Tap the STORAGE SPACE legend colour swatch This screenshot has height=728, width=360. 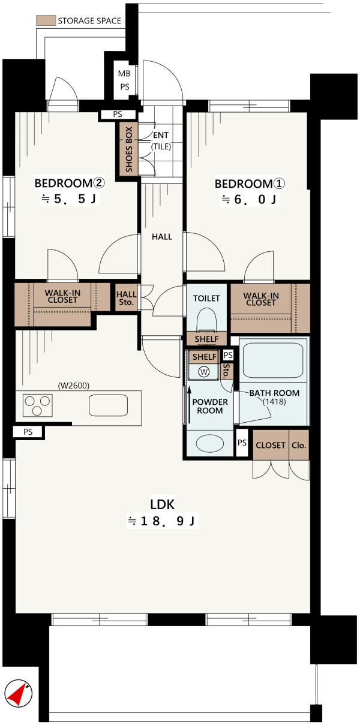pyautogui.click(x=46, y=20)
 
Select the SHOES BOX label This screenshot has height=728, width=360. pyautogui.click(x=129, y=149)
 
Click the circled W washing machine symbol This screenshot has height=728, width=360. pyautogui.click(x=204, y=371)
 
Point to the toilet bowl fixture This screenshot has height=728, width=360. pyautogui.click(x=206, y=320)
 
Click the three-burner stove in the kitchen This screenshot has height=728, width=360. pyautogui.click(x=37, y=405)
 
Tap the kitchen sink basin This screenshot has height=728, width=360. pyautogui.click(x=108, y=405)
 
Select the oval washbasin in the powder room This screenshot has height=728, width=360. pyautogui.click(x=210, y=443)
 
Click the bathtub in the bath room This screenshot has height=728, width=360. pyautogui.click(x=273, y=360)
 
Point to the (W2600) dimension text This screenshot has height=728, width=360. pyautogui.click(x=73, y=386)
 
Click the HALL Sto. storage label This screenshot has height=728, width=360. pyautogui.click(x=126, y=298)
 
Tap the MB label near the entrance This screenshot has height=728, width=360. pyautogui.click(x=124, y=73)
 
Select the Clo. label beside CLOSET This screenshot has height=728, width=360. pyautogui.click(x=299, y=445)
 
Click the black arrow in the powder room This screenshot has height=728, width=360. pyautogui.click(x=189, y=405)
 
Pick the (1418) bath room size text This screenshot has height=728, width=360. pyautogui.click(x=274, y=402)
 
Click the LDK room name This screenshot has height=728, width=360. pyautogui.click(x=162, y=504)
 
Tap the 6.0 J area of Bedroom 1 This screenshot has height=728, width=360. pyautogui.click(x=250, y=199)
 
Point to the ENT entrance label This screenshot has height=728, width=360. pyautogui.click(x=161, y=135)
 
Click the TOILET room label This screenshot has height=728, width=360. pyautogui.click(x=206, y=298)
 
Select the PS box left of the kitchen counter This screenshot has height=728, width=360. pyautogui.click(x=28, y=432)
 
